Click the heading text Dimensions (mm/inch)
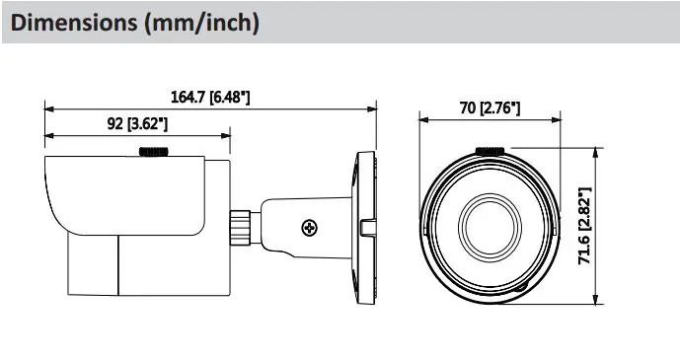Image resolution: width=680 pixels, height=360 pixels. click(135, 23)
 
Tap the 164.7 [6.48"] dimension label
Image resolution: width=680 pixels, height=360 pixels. click(210, 97)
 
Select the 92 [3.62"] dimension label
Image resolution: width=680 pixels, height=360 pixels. click(137, 124)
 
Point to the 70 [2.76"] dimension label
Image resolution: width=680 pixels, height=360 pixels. click(490, 108)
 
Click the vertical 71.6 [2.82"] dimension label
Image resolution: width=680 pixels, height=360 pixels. click(585, 226)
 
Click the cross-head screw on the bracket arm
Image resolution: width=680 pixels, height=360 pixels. click(309, 228)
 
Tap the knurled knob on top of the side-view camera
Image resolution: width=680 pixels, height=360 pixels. click(154, 152)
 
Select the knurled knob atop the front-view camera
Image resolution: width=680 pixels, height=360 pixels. click(491, 151)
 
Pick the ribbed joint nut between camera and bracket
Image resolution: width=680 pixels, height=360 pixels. click(240, 228)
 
